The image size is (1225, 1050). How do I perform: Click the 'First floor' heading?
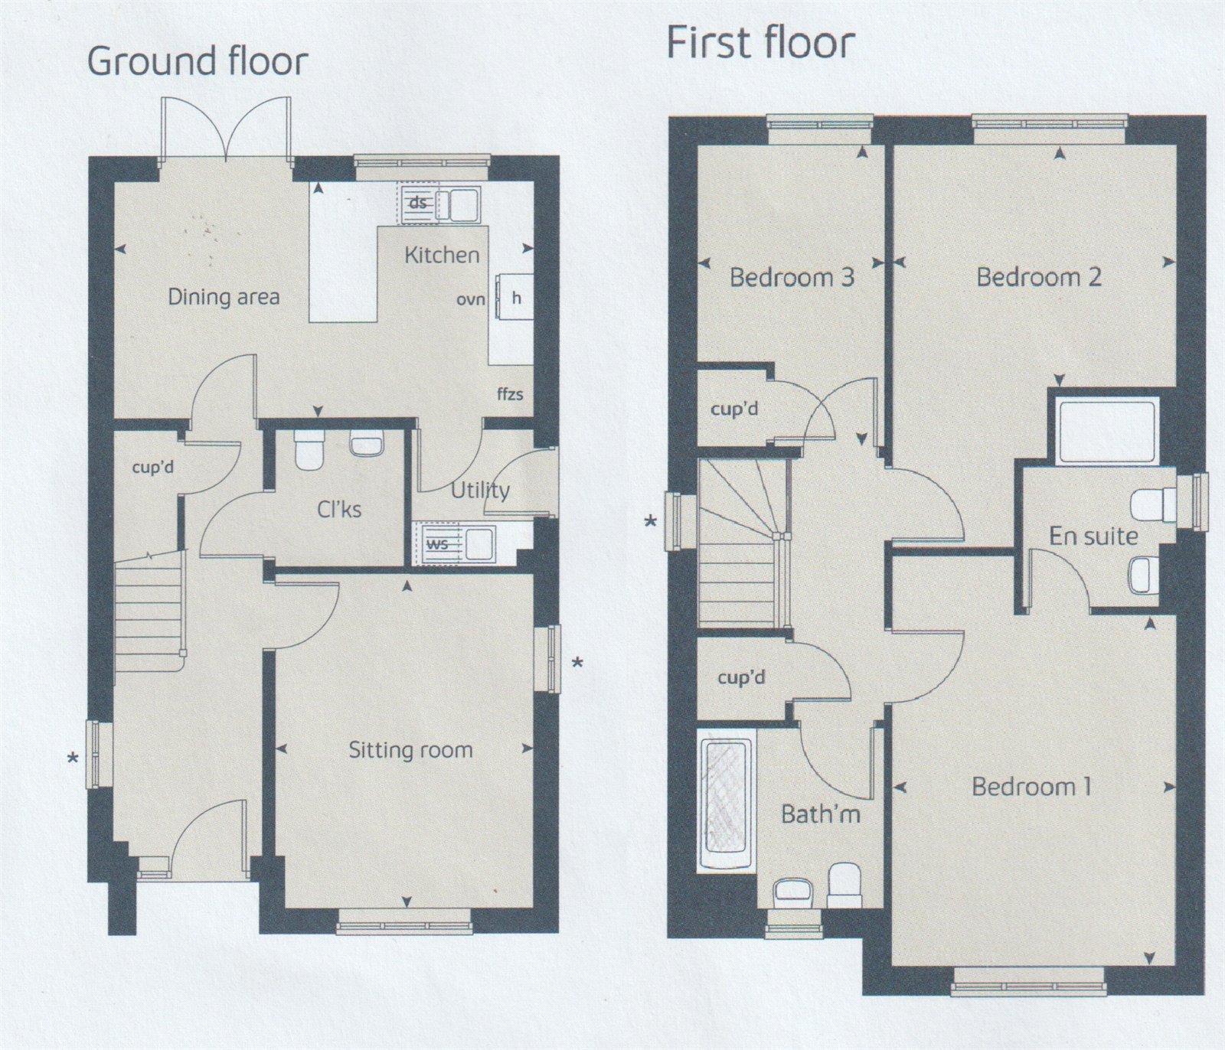click(x=760, y=42)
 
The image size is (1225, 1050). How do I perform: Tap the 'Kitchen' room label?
click(x=442, y=255)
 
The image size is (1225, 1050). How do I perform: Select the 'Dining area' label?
click(x=224, y=297)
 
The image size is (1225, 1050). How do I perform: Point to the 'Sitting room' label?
click(x=410, y=750)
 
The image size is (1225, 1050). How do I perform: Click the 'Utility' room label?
click(x=480, y=490)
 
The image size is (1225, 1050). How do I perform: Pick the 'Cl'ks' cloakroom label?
click(x=339, y=509)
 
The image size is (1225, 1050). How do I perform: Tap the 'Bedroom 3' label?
click(x=792, y=276)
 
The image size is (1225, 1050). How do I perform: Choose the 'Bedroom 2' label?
click(x=1039, y=276)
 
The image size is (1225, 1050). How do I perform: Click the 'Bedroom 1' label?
click(x=1032, y=786)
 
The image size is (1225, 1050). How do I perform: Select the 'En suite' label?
click(x=1093, y=536)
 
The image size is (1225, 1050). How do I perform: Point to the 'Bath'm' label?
click(x=821, y=814)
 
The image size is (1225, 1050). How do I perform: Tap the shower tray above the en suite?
click(x=1106, y=432)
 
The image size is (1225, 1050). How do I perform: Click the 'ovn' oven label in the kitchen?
click(x=470, y=300)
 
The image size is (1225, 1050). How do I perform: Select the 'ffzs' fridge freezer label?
click(x=510, y=394)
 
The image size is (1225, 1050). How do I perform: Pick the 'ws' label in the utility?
click(x=437, y=544)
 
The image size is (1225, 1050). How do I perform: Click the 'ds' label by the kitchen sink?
click(x=418, y=203)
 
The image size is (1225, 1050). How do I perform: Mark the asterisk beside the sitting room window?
click(x=578, y=662)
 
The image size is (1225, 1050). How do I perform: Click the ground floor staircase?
click(x=150, y=608)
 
